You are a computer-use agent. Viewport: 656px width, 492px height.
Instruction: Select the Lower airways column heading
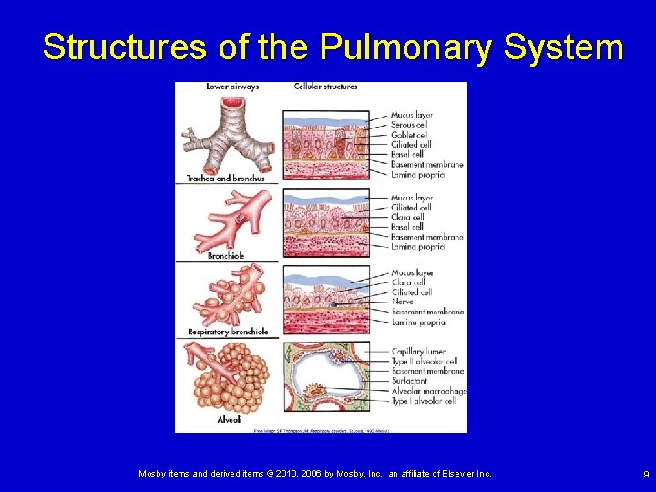[232, 87]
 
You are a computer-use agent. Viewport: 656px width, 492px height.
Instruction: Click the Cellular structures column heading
[325, 87]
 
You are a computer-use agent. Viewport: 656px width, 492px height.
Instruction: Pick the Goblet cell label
[409, 135]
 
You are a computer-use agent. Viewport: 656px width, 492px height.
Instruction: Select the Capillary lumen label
[418, 352]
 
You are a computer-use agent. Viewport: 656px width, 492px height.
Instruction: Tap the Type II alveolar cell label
[424, 362]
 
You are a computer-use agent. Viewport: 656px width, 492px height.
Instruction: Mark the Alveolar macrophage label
[428, 391]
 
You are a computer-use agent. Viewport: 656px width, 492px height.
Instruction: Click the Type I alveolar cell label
[423, 401]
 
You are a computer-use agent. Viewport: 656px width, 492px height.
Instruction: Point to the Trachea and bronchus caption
[225, 179]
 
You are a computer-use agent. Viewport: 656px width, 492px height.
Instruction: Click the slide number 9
[645, 474]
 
